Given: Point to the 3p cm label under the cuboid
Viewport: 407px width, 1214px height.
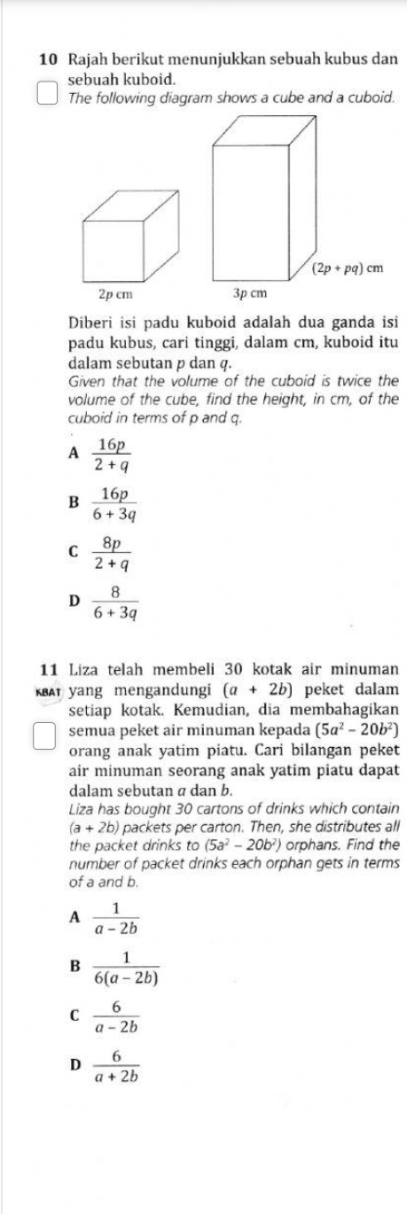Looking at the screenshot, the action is tap(249, 292).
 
